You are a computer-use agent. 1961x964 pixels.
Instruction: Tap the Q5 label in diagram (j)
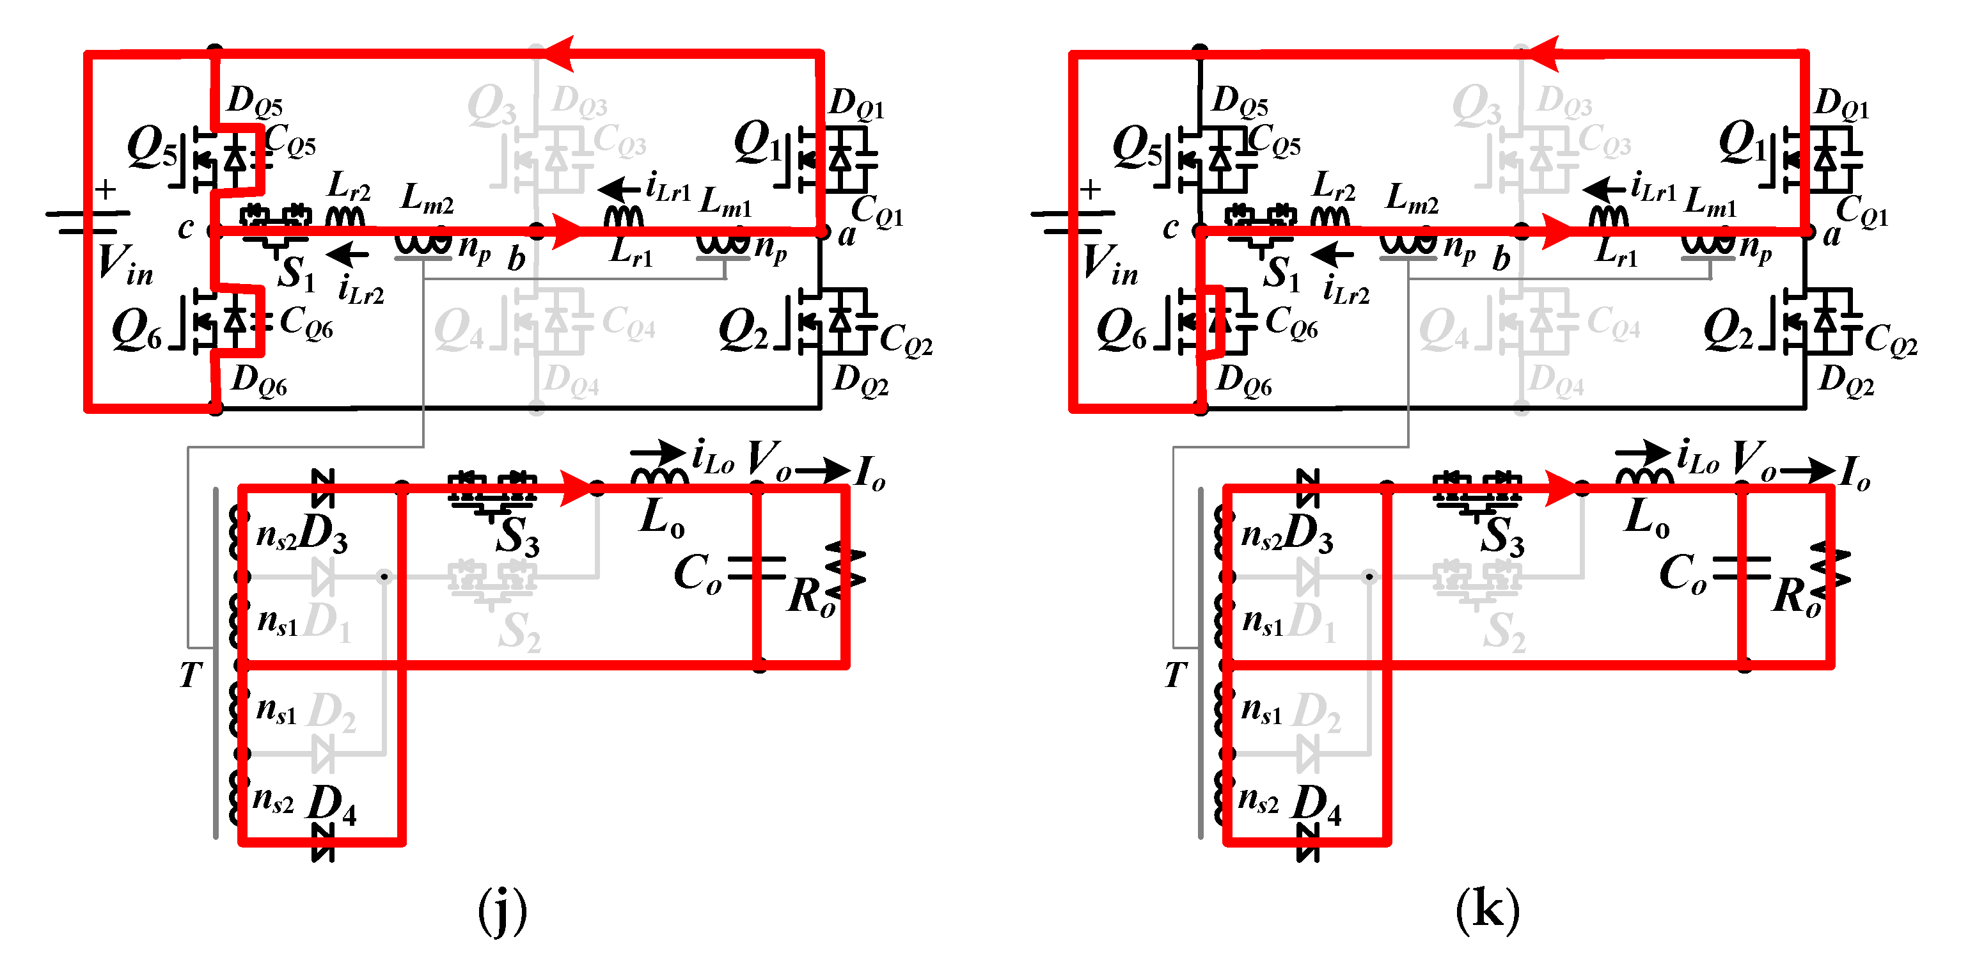(x=151, y=146)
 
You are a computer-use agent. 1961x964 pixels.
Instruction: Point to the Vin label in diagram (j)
(x=125, y=265)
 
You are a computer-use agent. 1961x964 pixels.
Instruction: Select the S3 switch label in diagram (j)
(x=517, y=537)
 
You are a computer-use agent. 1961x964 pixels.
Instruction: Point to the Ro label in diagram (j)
(x=812, y=596)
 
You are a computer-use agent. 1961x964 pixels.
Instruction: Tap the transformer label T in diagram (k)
(x=1176, y=675)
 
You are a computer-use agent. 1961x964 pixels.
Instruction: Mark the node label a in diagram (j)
(x=846, y=235)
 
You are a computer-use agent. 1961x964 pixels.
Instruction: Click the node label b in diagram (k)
(x=1500, y=259)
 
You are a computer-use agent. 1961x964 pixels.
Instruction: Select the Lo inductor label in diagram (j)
(x=661, y=518)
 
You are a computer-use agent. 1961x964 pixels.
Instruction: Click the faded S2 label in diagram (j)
(x=519, y=632)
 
